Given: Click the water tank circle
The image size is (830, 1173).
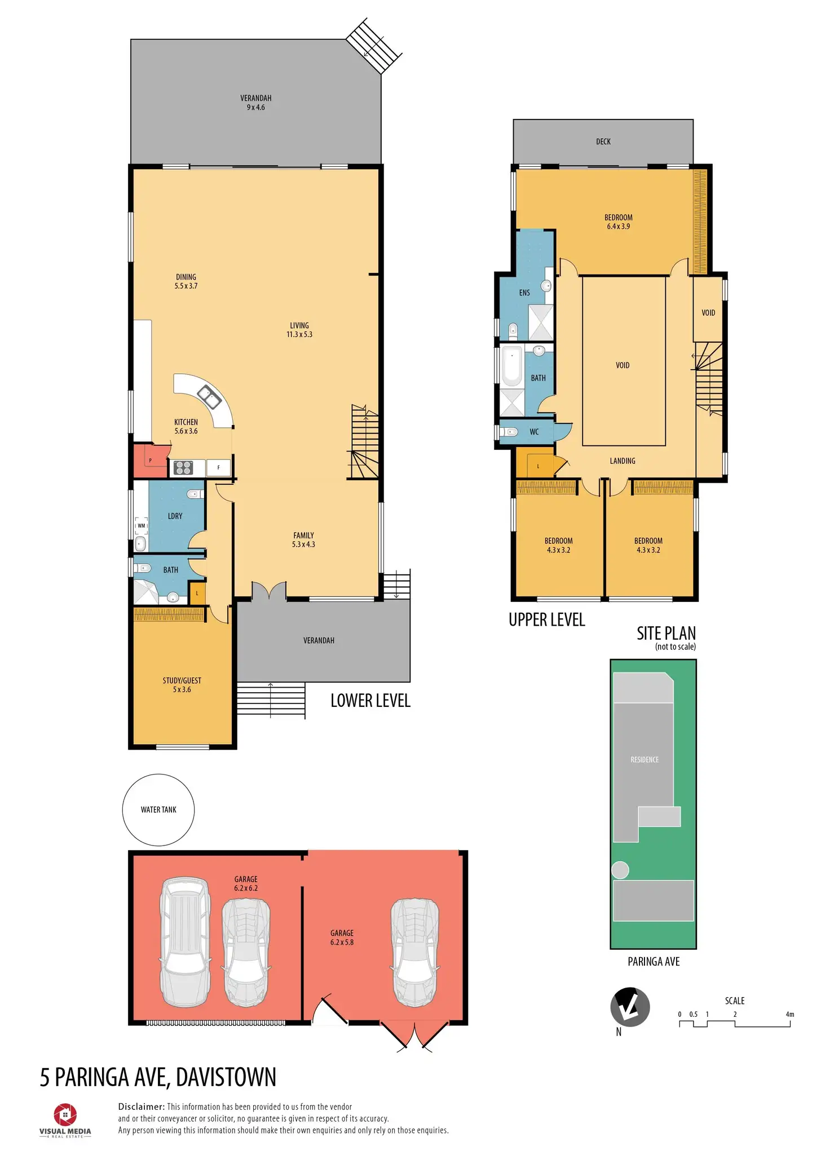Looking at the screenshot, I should click(158, 809).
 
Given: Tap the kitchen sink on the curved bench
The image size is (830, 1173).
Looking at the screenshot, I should click(209, 396).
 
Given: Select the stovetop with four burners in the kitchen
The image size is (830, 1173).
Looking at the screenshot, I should click(183, 468).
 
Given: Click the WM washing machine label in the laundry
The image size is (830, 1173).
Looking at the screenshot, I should click(141, 525).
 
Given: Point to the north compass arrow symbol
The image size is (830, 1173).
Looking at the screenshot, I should click(630, 1007).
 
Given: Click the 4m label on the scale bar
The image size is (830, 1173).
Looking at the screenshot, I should click(789, 1014).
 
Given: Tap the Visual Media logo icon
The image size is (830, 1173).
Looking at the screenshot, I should click(65, 1114).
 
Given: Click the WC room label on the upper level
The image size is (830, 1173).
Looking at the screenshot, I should click(534, 432).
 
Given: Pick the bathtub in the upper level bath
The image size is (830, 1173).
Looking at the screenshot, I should click(512, 366).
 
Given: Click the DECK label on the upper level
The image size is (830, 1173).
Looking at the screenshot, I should click(603, 141).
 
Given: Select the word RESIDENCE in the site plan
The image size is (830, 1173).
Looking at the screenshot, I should click(644, 759).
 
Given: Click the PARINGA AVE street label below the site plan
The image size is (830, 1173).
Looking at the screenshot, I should click(654, 962).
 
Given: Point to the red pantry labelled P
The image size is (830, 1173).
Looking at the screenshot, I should click(150, 461).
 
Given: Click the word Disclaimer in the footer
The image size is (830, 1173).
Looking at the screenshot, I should click(141, 1106).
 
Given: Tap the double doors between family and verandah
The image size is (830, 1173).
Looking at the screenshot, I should click(269, 591).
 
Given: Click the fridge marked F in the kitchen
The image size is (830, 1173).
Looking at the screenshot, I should click(219, 467).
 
